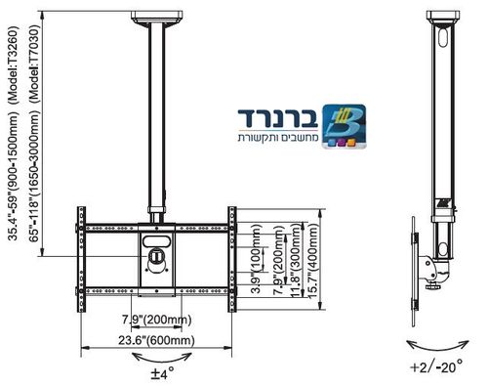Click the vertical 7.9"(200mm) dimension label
[280, 262]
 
